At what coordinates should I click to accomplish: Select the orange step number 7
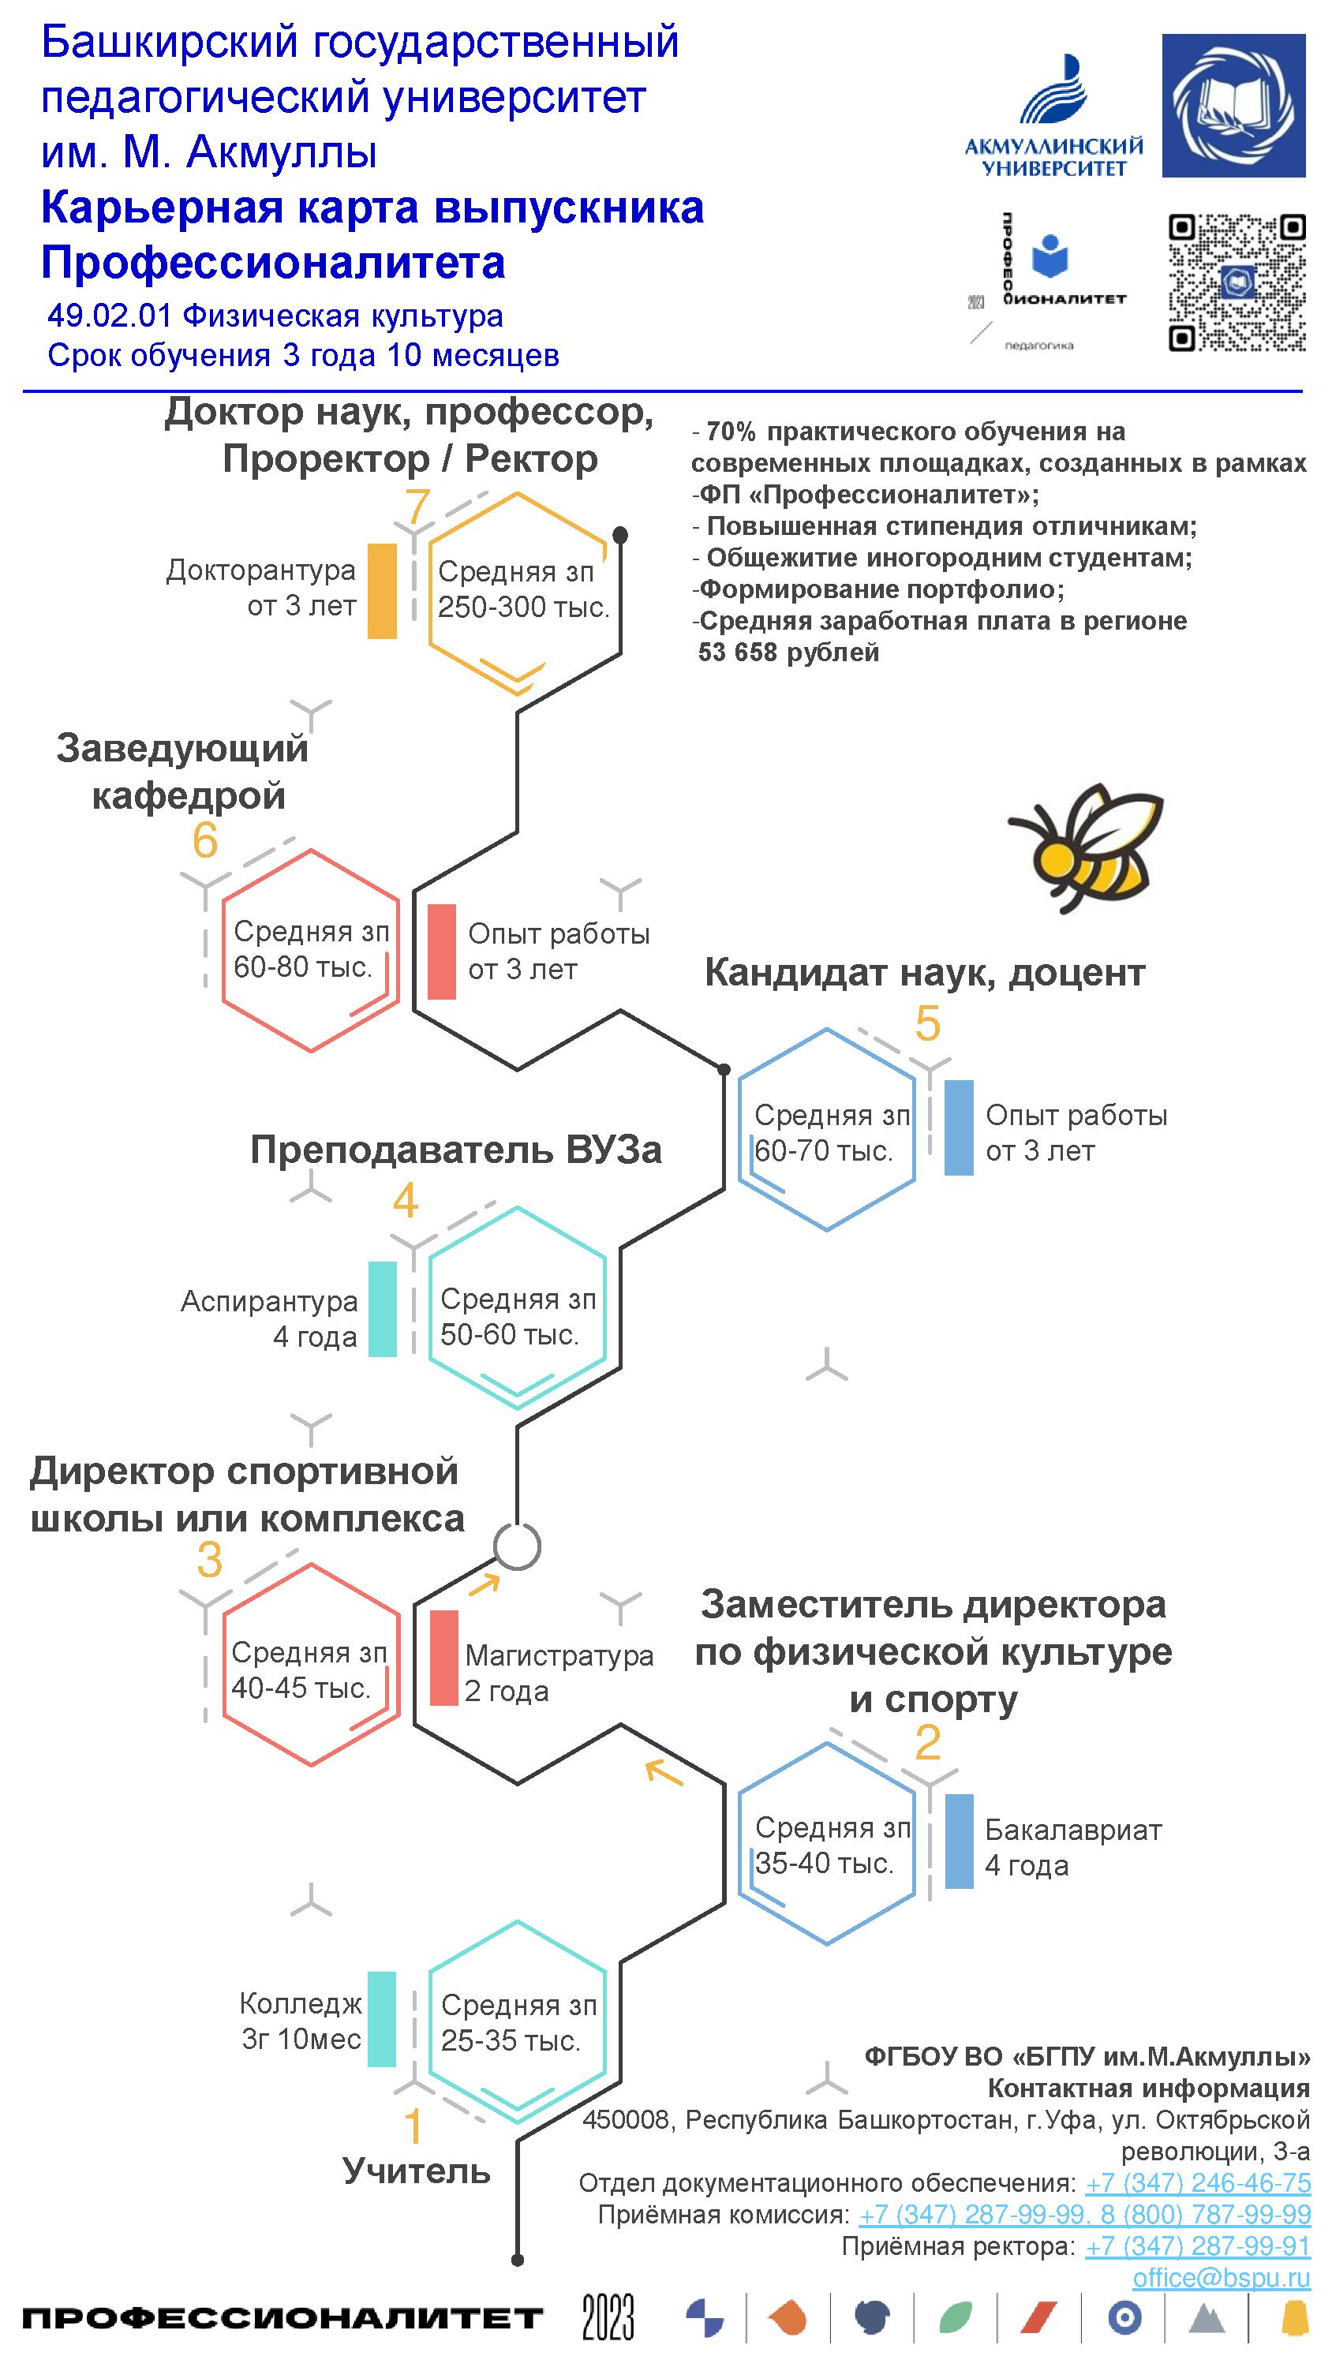click(x=417, y=507)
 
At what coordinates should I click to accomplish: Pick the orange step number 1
click(x=413, y=2126)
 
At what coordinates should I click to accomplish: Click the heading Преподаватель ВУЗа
click(x=456, y=1150)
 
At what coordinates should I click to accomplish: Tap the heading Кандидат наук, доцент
click(x=925, y=972)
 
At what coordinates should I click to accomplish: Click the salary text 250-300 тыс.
click(x=523, y=608)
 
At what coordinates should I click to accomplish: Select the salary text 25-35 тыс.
click(x=511, y=2041)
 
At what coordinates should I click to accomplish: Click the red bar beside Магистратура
click(x=444, y=1658)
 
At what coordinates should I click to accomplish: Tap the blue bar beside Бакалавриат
click(x=959, y=1842)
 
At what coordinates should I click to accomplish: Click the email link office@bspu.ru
click(x=1221, y=2277)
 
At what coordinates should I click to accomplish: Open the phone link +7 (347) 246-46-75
click(x=1197, y=2183)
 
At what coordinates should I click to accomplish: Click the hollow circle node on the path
click(x=517, y=1546)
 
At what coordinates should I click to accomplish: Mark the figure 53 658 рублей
click(x=789, y=653)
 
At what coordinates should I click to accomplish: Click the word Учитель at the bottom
click(x=417, y=2171)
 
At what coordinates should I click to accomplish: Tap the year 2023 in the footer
click(x=608, y=2317)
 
